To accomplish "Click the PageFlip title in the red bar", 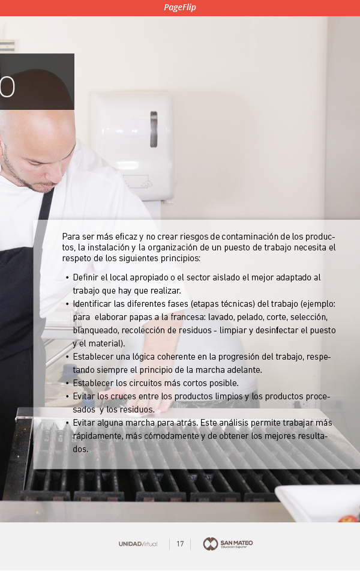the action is click(x=180, y=7).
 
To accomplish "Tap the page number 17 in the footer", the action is click(x=180, y=544).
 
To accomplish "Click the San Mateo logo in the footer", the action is click(x=228, y=544).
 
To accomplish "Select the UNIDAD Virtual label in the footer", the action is click(x=138, y=544).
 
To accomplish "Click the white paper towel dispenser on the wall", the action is click(x=132, y=146).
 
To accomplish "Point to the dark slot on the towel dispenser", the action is click(x=154, y=129).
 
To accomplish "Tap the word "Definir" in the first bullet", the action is click(x=86, y=277).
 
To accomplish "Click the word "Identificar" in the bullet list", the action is click(x=92, y=304).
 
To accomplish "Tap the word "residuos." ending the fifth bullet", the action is click(x=137, y=409).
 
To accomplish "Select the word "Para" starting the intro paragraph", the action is click(x=71, y=237).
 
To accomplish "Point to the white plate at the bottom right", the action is click(x=317, y=503).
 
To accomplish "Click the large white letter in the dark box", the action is click(x=7, y=88).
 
